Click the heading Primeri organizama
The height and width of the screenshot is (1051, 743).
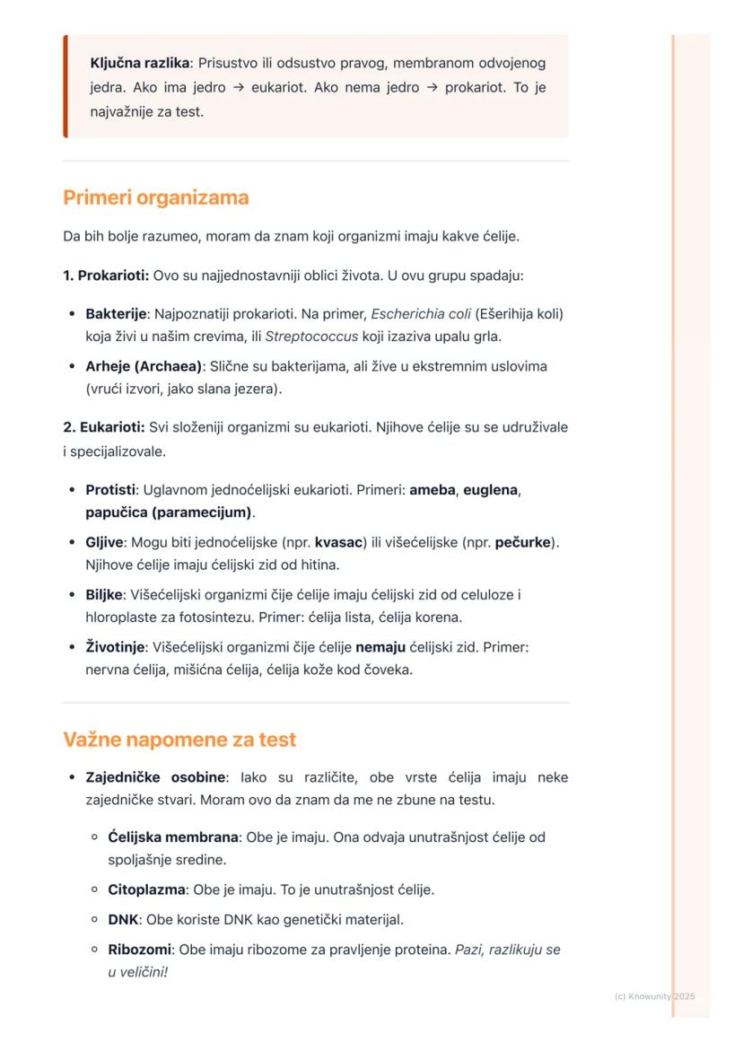tap(155, 197)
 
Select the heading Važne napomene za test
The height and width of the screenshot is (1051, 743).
tap(179, 740)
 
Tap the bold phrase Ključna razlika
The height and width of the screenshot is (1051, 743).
tap(140, 64)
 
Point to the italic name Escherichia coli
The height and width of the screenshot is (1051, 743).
tap(421, 314)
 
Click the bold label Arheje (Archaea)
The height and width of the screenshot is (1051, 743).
tap(144, 366)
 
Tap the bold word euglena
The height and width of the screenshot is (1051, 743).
tap(491, 490)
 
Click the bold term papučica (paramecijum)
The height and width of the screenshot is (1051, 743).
tap(169, 512)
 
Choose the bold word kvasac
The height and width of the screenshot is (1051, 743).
tap(338, 542)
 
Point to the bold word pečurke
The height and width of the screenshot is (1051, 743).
tap(523, 542)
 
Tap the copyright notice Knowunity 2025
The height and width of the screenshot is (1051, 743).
tap(655, 996)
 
